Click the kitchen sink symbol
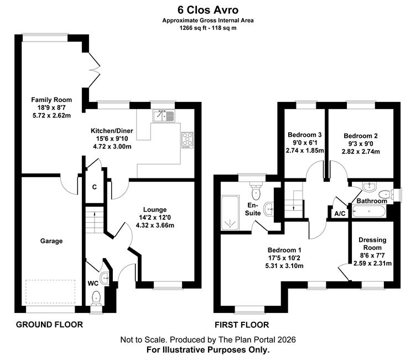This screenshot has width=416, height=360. pyautogui.click(x=164, y=116)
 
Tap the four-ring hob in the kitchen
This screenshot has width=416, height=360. pyautogui.click(x=188, y=140)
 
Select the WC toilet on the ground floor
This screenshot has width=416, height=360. pyautogui.click(x=96, y=297)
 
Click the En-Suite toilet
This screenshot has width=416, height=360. pyautogui.click(x=256, y=191)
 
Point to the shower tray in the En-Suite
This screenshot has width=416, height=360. pyautogui.click(x=230, y=213)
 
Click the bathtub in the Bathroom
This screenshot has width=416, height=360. pyautogui.click(x=369, y=212)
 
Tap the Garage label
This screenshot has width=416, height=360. pyautogui.click(x=51, y=241)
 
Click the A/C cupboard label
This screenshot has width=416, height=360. pyautogui.click(x=340, y=214)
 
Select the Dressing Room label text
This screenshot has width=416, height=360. pyautogui.click(x=372, y=244)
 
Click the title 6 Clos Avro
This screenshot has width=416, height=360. pyautogui.click(x=208, y=10)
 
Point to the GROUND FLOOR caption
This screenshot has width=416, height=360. pyautogui.click(x=49, y=325)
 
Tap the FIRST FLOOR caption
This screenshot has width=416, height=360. pyautogui.click(x=242, y=325)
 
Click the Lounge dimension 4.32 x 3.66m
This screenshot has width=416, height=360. pyautogui.click(x=155, y=225)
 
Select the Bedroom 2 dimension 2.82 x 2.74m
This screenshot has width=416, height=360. pyautogui.click(x=361, y=152)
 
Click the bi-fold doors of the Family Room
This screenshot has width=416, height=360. pyautogui.click(x=94, y=70)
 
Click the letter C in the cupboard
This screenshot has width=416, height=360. pyautogui.click(x=95, y=187)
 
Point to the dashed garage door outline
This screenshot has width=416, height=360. pyautogui.click(x=50, y=291)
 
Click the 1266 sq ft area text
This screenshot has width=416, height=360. pyautogui.click(x=193, y=28)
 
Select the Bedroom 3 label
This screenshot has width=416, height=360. pyautogui.click(x=305, y=135)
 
